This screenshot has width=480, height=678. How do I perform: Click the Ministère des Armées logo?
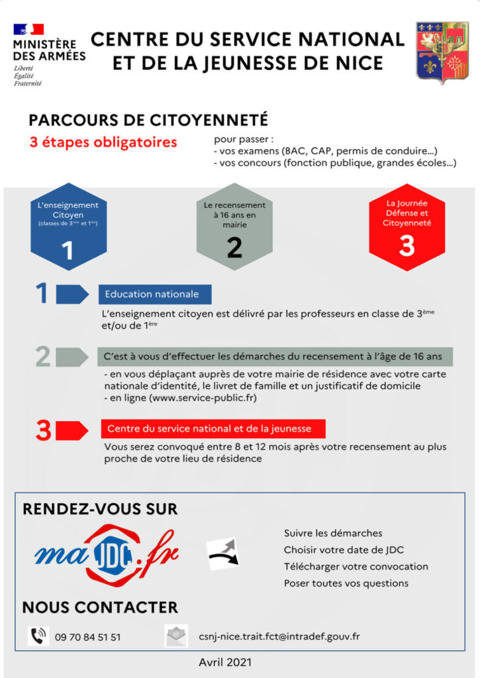pos(48,54)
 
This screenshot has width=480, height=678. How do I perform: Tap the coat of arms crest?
pos(442,52)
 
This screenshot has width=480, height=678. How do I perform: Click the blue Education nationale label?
pos(155,294)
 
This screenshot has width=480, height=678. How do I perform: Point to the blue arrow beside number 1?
pos(72,294)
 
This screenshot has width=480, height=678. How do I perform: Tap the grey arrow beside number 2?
pos(72,357)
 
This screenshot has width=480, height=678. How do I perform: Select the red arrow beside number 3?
pos(72,430)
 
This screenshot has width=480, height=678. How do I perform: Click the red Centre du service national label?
pos(215,428)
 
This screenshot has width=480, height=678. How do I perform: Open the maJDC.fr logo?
pos(106,554)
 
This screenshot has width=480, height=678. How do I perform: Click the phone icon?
pos(38,636)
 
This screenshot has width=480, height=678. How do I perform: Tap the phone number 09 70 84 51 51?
pos(88,637)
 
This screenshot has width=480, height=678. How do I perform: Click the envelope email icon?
pos(176,636)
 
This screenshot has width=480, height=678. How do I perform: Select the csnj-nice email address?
pos(279,637)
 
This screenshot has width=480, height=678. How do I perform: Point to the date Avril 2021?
pos(225,662)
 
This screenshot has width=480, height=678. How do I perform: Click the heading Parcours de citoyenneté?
pos(148,120)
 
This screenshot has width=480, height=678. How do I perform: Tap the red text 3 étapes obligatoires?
pos(103,142)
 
